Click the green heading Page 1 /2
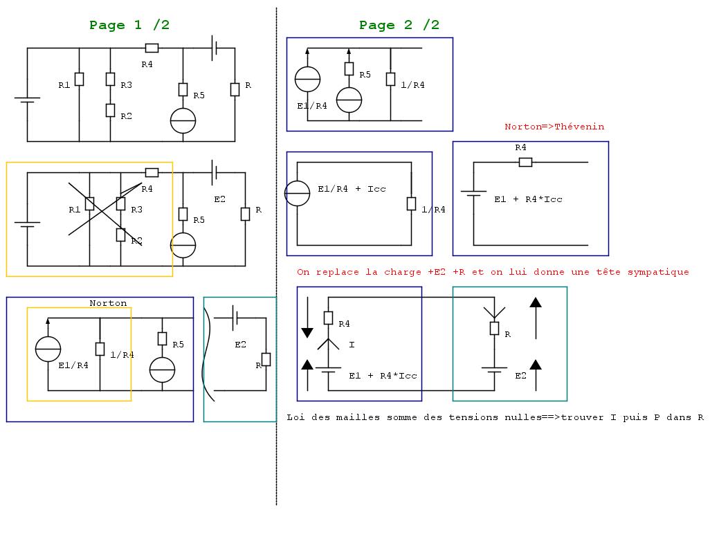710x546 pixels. [129, 25]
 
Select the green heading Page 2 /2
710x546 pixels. [399, 25]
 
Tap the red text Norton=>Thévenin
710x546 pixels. [554, 127]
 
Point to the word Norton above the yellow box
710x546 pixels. [108, 303]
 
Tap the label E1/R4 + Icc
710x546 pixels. [352, 189]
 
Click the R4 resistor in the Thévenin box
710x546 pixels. [525, 162]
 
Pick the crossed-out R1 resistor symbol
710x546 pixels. [89, 203]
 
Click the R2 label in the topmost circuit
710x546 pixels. [126, 116]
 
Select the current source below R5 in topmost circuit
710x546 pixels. [183, 120]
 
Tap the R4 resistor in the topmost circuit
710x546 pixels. [152, 48]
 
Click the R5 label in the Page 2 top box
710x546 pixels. [365, 75]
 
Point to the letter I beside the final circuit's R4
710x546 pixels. [352, 344]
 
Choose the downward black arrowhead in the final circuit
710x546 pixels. [307, 333]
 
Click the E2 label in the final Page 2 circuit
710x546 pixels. [520, 376]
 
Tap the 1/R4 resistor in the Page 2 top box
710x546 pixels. [391, 79]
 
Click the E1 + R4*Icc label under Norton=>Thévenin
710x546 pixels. [528, 199]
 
